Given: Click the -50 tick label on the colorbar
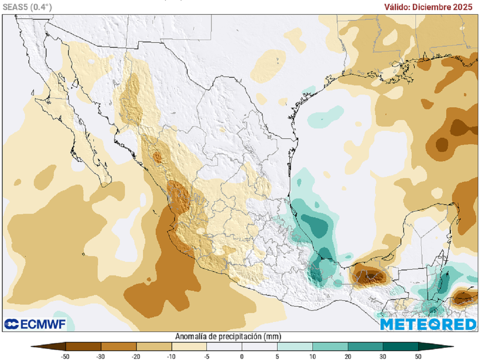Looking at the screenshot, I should tap(65, 356).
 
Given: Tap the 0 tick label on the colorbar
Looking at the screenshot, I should tap(242, 356).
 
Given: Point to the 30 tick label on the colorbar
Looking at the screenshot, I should tap(383, 356).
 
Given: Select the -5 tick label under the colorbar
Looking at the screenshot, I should tap(207, 356).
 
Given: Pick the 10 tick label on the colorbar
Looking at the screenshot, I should tap(312, 356).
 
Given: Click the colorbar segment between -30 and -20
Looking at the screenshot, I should tap(119, 346).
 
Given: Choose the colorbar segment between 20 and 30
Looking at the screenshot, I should tap(365, 346).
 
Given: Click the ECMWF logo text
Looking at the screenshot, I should tap(35, 323).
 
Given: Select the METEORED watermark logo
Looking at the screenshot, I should tap(428, 324).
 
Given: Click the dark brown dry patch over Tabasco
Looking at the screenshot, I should tap(369, 275).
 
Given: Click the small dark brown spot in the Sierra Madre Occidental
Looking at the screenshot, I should tap(158, 156).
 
